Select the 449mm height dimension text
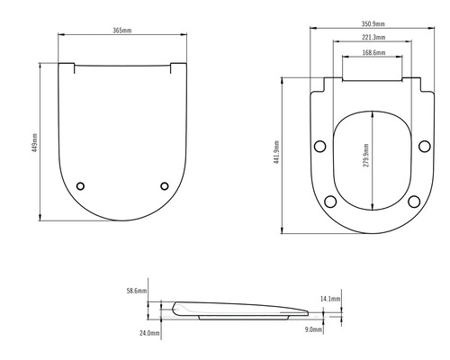tap(35, 140)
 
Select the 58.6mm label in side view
tap(136, 291)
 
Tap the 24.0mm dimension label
tap(149, 333)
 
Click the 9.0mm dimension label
tap(314, 330)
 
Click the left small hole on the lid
tap(80, 185)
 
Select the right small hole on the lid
tap(164, 185)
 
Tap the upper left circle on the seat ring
tap(319, 147)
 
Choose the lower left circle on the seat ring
tap(329, 201)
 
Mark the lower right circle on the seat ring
tap(415, 201)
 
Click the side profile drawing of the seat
tap(243, 310)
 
